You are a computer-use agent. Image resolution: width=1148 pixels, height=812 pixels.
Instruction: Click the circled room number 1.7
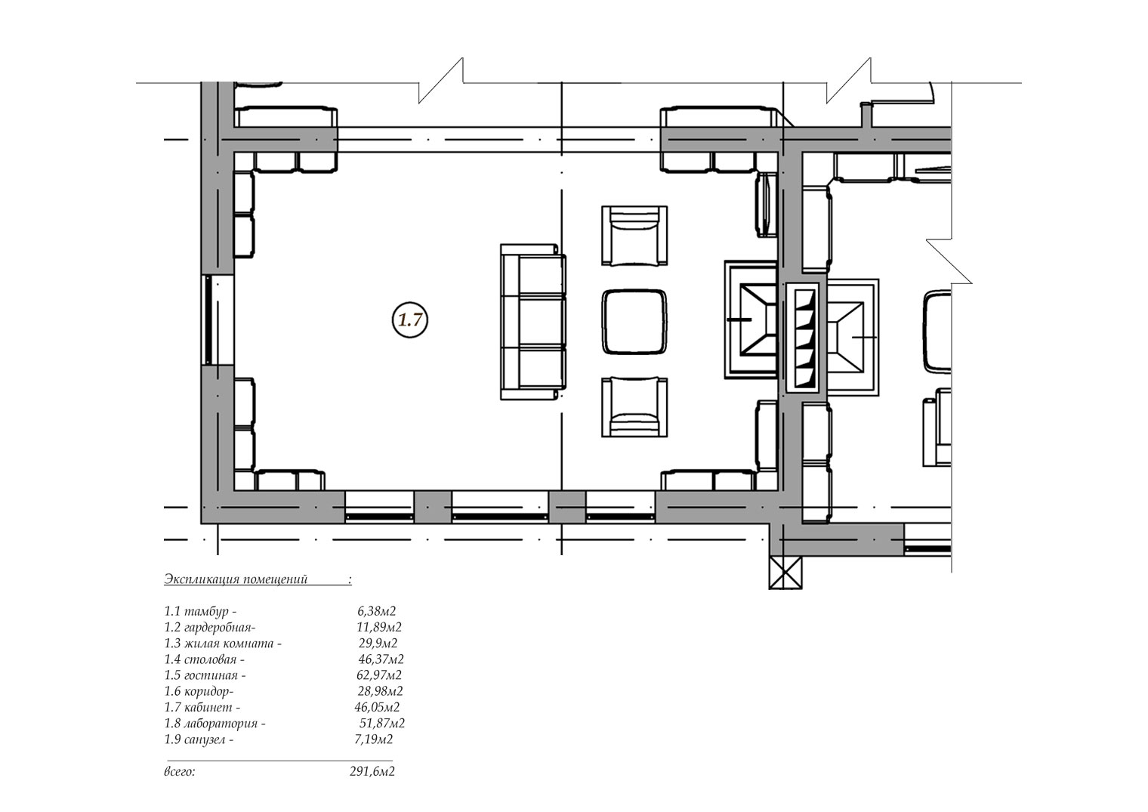point(410,320)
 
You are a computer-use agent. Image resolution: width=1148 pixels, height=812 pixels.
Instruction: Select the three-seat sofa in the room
point(533,322)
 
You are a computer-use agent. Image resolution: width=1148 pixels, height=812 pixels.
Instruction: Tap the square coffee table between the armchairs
point(634,322)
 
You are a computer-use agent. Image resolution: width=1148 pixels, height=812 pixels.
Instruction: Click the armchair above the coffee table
point(634,236)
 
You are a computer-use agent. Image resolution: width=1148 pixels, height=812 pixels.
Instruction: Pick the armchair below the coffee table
point(634,407)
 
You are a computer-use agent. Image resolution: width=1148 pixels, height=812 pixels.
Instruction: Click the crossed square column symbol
point(785,572)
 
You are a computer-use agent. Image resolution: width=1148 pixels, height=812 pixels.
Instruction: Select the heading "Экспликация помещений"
point(236,579)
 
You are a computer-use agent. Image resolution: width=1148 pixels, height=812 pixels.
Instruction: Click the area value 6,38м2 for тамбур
point(377,611)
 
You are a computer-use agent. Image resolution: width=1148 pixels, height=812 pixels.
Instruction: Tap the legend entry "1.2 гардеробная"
point(210,627)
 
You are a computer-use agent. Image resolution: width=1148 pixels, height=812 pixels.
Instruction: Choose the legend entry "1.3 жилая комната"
point(223,643)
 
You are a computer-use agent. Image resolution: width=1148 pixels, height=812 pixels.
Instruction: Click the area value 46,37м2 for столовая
point(381,659)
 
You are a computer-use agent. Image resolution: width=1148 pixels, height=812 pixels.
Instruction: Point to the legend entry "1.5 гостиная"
point(205,675)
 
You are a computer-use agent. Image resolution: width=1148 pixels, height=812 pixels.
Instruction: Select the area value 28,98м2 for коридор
point(381,691)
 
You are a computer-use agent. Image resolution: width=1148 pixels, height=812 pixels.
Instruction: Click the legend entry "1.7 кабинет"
point(202,707)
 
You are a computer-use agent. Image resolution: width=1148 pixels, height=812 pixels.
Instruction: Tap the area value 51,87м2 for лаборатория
point(382,724)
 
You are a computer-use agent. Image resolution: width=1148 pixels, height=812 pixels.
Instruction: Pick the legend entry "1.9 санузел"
point(199,739)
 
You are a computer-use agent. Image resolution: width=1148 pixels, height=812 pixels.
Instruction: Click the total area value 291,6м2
point(372,771)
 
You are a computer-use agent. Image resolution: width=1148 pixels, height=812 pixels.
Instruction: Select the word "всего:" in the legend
point(180,771)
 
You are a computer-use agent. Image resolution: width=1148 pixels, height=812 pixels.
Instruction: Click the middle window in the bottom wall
point(500,507)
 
